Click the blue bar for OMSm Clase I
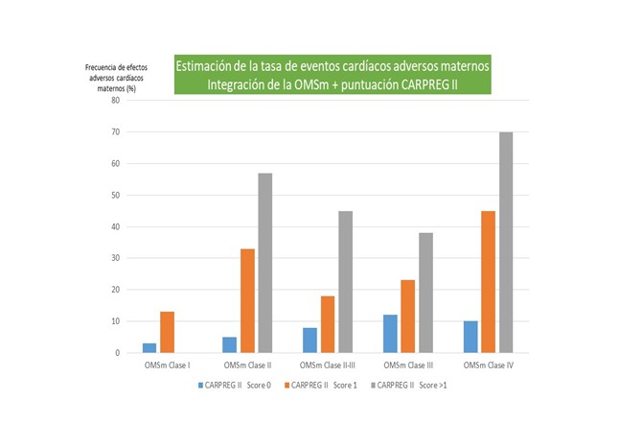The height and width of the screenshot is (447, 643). pos(149,348)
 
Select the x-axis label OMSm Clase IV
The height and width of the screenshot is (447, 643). pos(490,365)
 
